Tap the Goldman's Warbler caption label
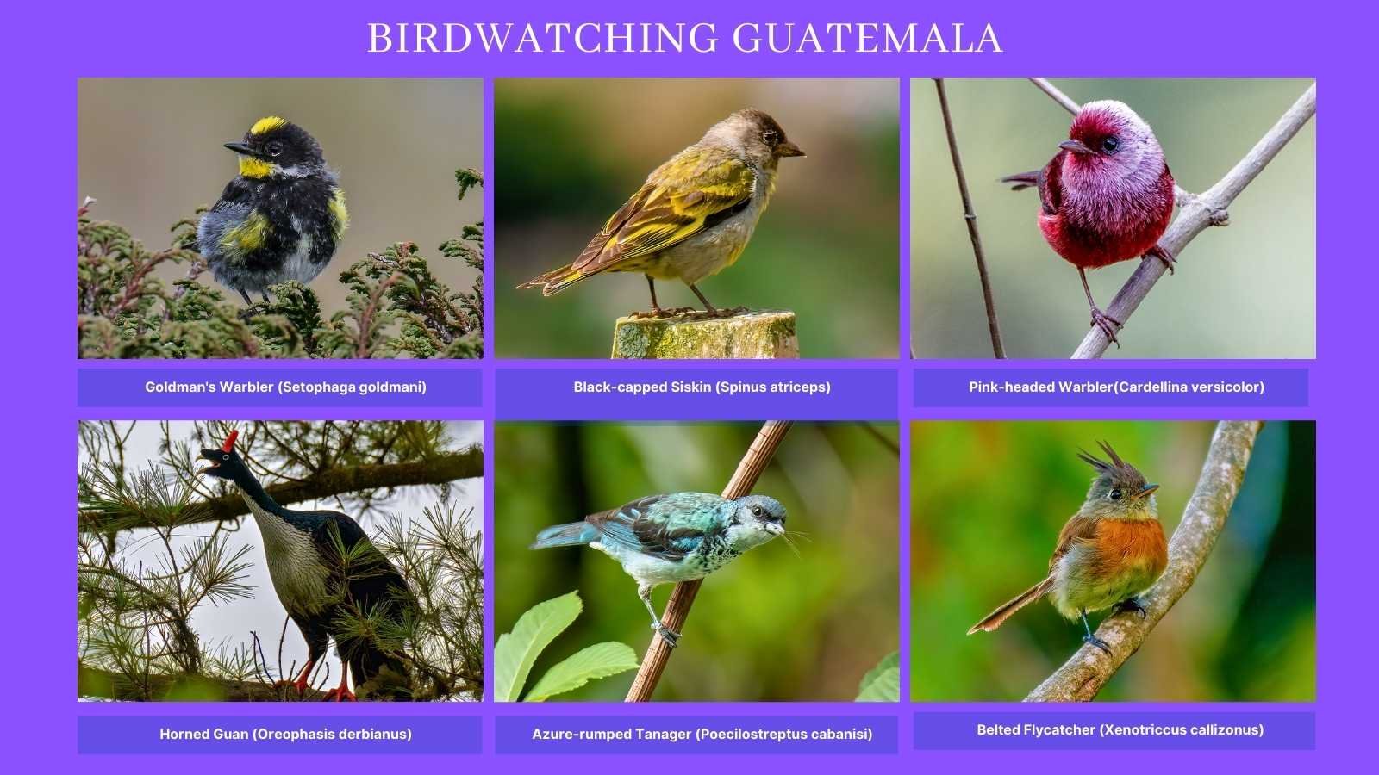285,387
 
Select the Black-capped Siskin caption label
702,387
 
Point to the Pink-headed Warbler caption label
1116,387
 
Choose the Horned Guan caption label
285,735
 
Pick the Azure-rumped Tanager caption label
702,735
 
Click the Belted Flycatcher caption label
1120,730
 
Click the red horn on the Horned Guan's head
230,441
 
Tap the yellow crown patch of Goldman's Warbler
269,127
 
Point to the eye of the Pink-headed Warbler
1109,144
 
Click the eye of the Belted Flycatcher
1118,494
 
